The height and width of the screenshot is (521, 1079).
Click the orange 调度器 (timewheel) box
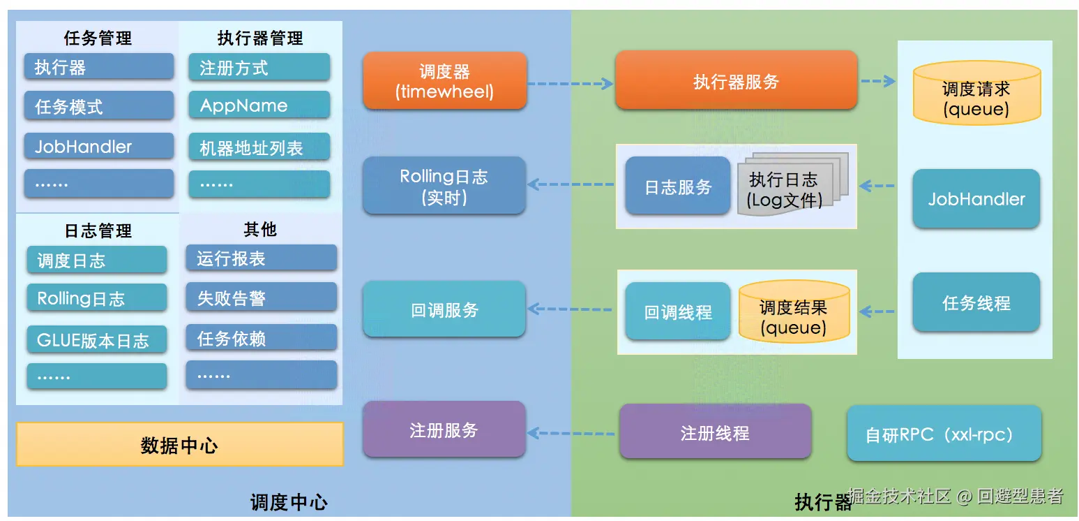(x=444, y=82)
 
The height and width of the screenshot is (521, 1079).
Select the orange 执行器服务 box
(x=735, y=81)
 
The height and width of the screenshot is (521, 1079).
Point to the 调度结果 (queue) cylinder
(x=793, y=314)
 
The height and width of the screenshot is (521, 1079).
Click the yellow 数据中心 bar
(x=179, y=444)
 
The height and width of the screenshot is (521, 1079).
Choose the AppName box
(x=259, y=106)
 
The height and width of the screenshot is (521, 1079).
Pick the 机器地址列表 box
(x=259, y=147)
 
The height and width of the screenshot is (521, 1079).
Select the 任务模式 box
(x=98, y=107)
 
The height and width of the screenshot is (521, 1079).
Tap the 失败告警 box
(x=261, y=298)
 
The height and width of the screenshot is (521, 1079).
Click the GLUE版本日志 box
(x=97, y=341)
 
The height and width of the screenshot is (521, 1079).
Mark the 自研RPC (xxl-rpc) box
(x=944, y=434)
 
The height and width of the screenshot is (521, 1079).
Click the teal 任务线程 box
(x=976, y=303)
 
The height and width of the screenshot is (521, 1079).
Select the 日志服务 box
(x=677, y=186)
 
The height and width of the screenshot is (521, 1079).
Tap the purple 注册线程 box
(x=715, y=433)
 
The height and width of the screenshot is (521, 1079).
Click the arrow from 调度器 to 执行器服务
(x=570, y=84)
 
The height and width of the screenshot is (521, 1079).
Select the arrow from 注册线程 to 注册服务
(x=571, y=433)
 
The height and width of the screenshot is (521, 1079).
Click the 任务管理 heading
(x=98, y=38)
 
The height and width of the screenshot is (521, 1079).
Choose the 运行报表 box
(x=261, y=258)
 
